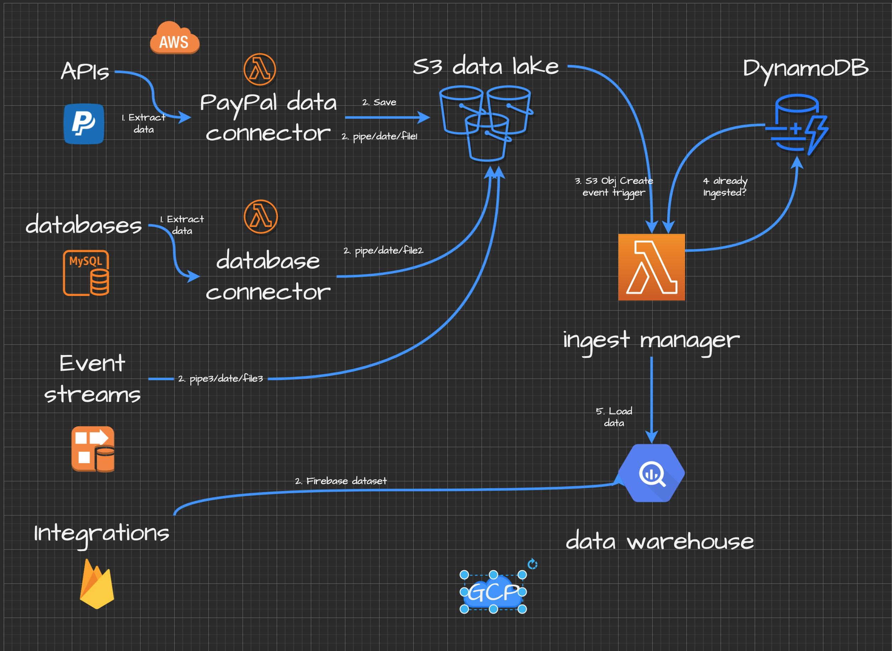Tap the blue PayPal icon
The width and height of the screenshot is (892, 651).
[84, 124]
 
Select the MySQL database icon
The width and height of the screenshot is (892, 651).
[86, 273]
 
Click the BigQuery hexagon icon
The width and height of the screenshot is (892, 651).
[651, 473]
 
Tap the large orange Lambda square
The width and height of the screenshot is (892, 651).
[651, 267]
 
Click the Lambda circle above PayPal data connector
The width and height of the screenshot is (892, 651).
[260, 69]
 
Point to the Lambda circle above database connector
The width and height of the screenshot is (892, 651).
[260, 216]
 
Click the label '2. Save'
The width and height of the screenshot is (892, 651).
[379, 102]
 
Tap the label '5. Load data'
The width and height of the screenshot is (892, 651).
[614, 417]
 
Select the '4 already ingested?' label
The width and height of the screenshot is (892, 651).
[725, 186]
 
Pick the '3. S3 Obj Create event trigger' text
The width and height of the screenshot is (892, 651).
[614, 186]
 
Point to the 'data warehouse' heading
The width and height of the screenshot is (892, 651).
[659, 541]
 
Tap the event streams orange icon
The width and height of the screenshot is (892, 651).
[93, 449]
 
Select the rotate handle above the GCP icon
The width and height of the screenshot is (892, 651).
[532, 564]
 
